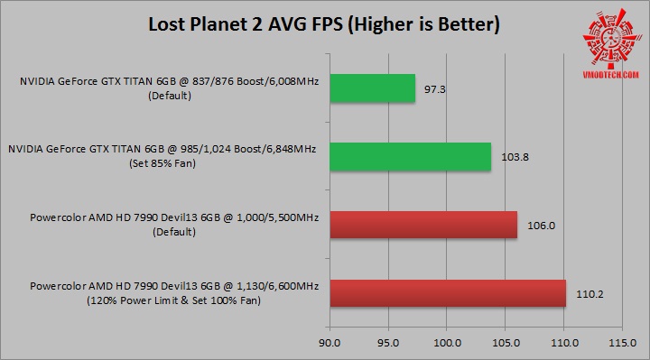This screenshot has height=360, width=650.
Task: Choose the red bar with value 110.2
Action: (x=448, y=292)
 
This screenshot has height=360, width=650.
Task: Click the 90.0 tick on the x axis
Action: (x=330, y=343)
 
